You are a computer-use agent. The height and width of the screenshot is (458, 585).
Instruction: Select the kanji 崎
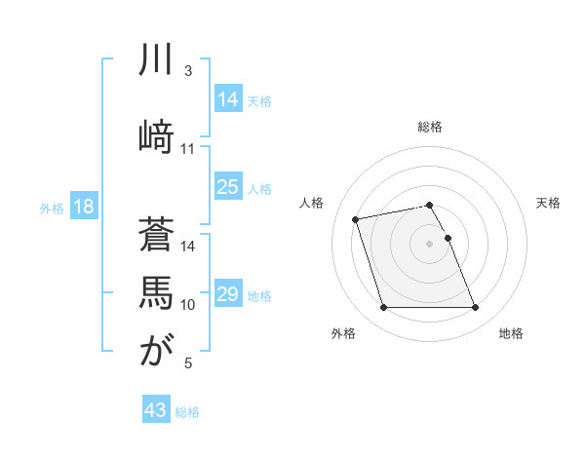click(156, 134)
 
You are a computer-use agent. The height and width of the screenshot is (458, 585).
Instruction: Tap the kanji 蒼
click(156, 235)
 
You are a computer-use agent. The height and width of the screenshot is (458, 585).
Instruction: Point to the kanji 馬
click(156, 291)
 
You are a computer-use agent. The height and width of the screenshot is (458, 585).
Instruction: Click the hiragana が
click(156, 350)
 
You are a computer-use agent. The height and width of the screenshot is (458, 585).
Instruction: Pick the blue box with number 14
click(227, 99)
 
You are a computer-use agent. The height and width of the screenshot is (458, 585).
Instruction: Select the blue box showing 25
click(227, 187)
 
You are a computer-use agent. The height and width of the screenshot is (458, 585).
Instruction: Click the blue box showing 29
click(227, 294)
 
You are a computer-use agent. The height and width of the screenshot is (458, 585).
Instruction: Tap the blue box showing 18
click(83, 207)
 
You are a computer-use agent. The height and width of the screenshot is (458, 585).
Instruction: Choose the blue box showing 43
click(156, 410)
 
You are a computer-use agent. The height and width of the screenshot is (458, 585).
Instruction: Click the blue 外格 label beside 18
click(52, 208)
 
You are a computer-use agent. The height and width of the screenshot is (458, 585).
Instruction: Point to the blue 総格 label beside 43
click(187, 411)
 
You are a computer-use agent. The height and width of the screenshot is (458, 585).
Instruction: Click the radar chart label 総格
click(430, 127)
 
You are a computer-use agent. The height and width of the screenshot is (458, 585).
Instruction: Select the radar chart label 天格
click(549, 203)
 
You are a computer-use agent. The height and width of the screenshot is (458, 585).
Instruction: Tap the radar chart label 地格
click(511, 333)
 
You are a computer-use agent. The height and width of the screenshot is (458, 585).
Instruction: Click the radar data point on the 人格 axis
click(356, 218)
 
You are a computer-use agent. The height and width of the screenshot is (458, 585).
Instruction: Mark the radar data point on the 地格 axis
click(475, 308)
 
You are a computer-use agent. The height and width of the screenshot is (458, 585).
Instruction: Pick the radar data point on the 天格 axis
click(448, 238)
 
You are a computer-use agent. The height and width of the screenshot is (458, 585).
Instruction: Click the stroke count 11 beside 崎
click(188, 149)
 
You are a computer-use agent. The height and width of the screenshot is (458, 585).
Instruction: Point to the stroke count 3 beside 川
click(188, 71)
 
